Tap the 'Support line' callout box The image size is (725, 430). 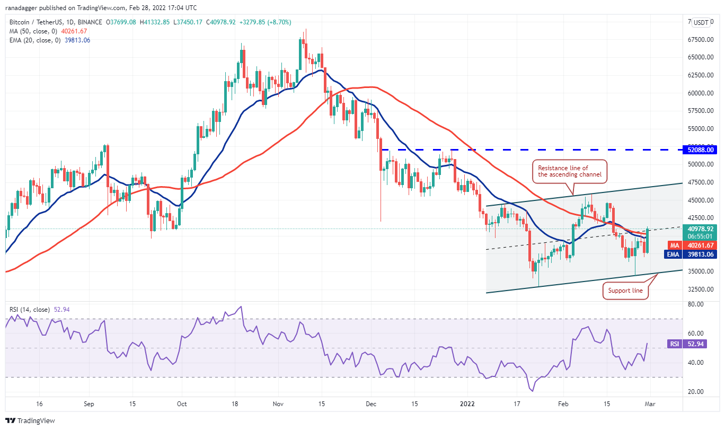coord(625,291)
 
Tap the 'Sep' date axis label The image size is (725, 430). coord(89,403)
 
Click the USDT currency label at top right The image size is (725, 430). coord(702,22)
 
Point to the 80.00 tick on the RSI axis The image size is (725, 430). coord(695,304)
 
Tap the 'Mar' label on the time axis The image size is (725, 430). coord(650,403)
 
